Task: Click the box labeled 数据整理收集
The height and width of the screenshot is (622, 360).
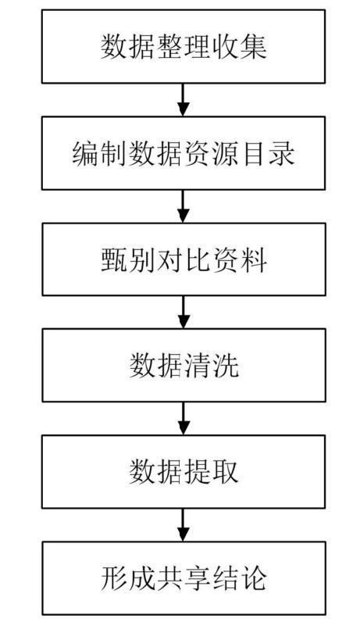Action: tap(184, 47)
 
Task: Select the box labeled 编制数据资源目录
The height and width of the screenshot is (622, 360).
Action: tap(184, 153)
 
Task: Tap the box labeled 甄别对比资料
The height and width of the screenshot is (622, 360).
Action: tap(184, 259)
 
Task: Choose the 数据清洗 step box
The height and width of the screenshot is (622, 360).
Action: tap(184, 366)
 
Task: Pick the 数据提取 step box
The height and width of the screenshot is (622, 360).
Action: tap(184, 472)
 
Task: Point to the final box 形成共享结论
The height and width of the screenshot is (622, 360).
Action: tap(184, 578)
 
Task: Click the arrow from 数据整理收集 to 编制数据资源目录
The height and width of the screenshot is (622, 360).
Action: tap(184, 100)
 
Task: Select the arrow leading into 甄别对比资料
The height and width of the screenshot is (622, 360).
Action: tap(184, 206)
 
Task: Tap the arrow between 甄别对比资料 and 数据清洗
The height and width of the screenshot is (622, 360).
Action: tap(184, 313)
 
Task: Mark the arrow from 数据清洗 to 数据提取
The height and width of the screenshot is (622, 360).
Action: tap(184, 419)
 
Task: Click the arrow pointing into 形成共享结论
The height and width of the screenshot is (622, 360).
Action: tap(184, 525)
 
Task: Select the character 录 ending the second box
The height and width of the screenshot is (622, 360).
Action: tap(282, 154)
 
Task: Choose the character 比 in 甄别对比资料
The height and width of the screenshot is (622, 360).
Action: tap(198, 260)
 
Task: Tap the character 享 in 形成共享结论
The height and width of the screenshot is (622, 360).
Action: tap(198, 579)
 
